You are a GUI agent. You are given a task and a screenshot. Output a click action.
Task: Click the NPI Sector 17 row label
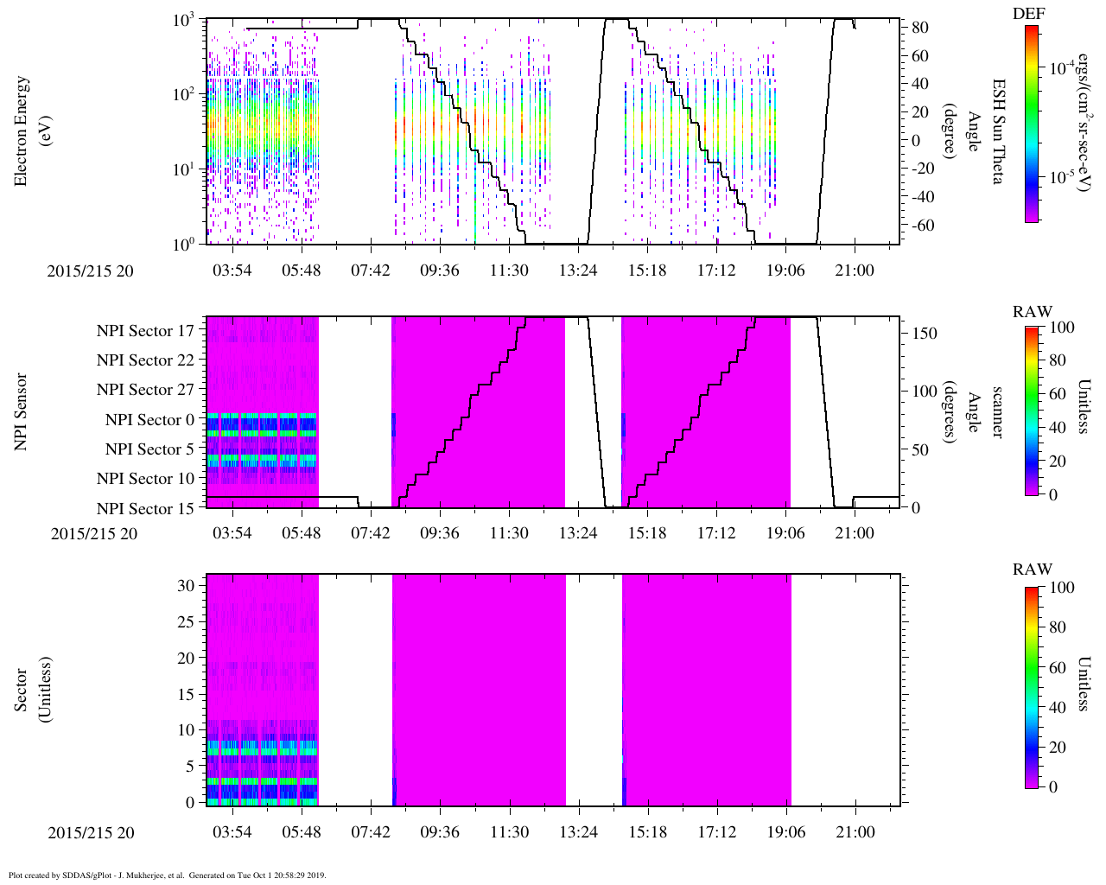[145, 330]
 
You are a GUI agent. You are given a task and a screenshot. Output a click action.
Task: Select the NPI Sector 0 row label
[149, 420]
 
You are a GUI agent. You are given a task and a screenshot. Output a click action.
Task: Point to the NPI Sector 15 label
[145, 509]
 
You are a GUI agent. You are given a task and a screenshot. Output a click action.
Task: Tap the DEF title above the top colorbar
[1028, 14]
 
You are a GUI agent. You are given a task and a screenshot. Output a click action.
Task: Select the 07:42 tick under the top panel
[370, 271]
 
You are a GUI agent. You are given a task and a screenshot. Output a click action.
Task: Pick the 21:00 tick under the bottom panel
[855, 832]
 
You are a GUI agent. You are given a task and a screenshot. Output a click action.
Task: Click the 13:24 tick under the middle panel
[577, 533]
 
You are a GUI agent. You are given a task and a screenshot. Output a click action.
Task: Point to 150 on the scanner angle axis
[925, 334]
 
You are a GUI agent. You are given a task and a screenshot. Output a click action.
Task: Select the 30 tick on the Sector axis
[187, 585]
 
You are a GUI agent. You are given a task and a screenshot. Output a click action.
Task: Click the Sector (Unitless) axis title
[30, 690]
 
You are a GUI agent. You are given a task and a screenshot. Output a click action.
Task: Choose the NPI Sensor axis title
[22, 411]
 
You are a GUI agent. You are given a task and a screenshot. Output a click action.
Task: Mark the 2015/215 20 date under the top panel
[91, 271]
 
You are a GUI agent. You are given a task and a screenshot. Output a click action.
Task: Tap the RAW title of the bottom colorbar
[1033, 570]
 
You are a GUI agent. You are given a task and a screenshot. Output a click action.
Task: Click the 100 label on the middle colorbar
[1061, 327]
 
